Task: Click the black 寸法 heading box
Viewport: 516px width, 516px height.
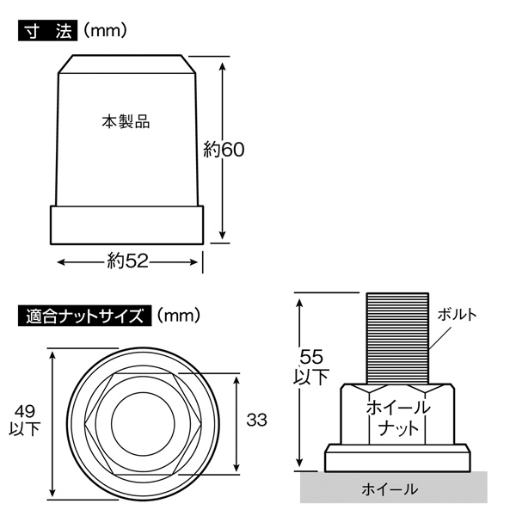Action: (47, 31)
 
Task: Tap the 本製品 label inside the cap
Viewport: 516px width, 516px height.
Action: (126, 122)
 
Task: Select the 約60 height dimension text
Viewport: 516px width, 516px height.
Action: (224, 150)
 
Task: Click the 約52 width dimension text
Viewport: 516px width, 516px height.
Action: (127, 261)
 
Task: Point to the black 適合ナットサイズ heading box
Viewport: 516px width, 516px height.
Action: (85, 316)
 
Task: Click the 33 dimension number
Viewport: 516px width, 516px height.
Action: (256, 421)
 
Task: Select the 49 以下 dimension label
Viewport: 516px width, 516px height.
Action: (25, 421)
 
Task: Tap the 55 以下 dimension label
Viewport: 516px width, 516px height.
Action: (311, 367)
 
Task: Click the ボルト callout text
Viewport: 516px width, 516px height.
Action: (458, 315)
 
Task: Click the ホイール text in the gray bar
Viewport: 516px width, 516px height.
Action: (390, 489)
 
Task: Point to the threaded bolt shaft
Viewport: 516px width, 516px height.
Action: (397, 338)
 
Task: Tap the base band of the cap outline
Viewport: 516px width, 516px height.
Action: (127, 225)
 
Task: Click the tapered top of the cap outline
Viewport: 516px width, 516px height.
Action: (127, 64)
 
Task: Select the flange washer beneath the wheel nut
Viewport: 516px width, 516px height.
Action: (397, 458)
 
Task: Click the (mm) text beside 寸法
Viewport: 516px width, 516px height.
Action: (105, 31)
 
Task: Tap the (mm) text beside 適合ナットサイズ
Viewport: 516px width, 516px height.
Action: (179, 316)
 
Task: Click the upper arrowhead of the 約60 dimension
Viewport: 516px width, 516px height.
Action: (223, 66)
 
